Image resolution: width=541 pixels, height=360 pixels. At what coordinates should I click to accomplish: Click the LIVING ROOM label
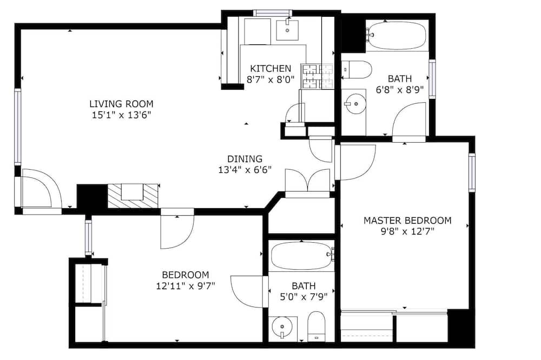click(121, 104)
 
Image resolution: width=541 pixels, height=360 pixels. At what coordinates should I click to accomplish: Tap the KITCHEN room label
click(270, 68)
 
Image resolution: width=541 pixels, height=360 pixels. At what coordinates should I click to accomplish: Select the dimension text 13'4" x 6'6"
click(245, 170)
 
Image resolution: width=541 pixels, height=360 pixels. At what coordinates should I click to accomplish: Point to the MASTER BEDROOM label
click(407, 221)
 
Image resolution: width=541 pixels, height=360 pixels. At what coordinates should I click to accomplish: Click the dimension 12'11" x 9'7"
click(186, 286)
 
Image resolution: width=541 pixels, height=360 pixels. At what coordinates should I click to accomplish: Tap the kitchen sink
click(287, 30)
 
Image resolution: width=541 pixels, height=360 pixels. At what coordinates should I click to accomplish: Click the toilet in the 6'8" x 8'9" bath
click(357, 70)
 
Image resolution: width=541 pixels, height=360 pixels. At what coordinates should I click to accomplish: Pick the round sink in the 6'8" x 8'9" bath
click(354, 103)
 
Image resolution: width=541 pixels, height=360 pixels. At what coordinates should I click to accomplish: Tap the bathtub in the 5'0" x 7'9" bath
click(302, 256)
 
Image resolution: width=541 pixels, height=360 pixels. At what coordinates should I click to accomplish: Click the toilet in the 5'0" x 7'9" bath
click(316, 326)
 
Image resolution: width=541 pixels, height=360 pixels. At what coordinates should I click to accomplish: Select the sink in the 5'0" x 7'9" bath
click(282, 327)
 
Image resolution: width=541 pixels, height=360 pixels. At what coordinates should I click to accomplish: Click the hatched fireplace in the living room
click(133, 196)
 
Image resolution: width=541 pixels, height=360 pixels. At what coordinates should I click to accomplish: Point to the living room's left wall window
click(18, 126)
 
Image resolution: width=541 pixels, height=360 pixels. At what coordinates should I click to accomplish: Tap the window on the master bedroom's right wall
click(472, 172)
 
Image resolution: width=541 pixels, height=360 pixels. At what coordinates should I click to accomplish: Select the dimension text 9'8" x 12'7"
click(407, 231)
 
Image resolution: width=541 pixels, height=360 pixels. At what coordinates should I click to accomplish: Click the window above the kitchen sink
click(273, 13)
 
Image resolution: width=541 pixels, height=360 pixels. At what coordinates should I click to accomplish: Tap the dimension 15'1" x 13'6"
click(121, 115)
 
